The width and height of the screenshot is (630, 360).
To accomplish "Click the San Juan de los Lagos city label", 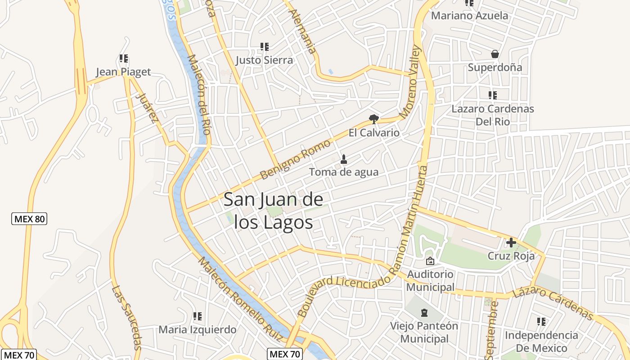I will click(274, 211).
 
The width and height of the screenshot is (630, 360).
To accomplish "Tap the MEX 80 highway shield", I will click(29, 219).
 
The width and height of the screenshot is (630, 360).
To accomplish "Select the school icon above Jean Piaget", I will click(124, 58).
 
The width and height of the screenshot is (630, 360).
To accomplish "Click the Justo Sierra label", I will click(264, 60).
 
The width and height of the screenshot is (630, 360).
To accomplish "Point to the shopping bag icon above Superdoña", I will click(495, 54).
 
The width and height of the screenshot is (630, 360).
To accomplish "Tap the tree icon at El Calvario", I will click(373, 119).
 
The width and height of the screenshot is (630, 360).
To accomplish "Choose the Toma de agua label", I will click(344, 172).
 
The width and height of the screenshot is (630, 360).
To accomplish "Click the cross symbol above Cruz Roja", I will click(511, 243).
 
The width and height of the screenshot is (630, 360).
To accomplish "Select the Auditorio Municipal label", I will click(431, 280).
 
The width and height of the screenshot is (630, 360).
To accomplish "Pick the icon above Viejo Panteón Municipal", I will click(424, 312).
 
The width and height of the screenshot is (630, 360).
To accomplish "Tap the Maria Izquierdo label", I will click(197, 330).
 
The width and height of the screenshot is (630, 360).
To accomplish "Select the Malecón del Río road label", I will click(199, 94).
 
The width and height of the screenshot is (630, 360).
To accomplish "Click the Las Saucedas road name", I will click(126, 317).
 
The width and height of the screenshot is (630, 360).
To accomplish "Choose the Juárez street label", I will click(148, 108).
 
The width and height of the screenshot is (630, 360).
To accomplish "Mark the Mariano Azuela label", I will click(469, 16).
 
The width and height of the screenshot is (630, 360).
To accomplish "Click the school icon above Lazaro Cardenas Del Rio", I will click(493, 95).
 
